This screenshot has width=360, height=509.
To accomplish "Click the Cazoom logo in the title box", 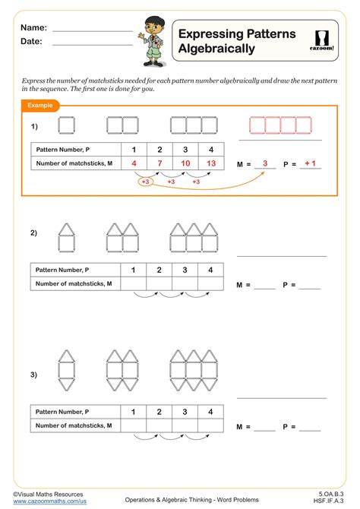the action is (321, 40).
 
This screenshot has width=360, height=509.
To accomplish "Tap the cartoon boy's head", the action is (155, 27).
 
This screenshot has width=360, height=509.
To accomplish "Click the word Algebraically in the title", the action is (216, 49).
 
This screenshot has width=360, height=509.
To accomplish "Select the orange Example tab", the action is (40, 106).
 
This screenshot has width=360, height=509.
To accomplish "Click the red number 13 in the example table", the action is (211, 163).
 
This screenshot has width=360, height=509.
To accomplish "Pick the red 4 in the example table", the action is (134, 163).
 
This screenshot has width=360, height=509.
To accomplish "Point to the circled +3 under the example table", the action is (145, 182).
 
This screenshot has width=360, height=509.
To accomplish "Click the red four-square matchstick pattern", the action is (281, 125).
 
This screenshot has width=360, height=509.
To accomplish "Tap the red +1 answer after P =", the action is (310, 163).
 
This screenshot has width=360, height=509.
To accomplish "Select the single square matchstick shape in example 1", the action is (67, 125).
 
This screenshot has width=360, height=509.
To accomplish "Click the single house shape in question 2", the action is (67, 238).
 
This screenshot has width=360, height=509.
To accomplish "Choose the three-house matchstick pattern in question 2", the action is (194, 238).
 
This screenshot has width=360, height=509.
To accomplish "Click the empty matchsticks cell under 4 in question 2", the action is (210, 283).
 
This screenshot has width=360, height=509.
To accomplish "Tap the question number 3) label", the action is (33, 375).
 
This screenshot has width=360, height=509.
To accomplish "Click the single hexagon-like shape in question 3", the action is (67, 371).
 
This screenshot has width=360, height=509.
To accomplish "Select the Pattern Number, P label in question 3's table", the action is (62, 412).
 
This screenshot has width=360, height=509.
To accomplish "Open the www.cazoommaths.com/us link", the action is (49, 501).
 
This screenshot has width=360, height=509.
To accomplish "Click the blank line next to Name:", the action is (93, 31).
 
